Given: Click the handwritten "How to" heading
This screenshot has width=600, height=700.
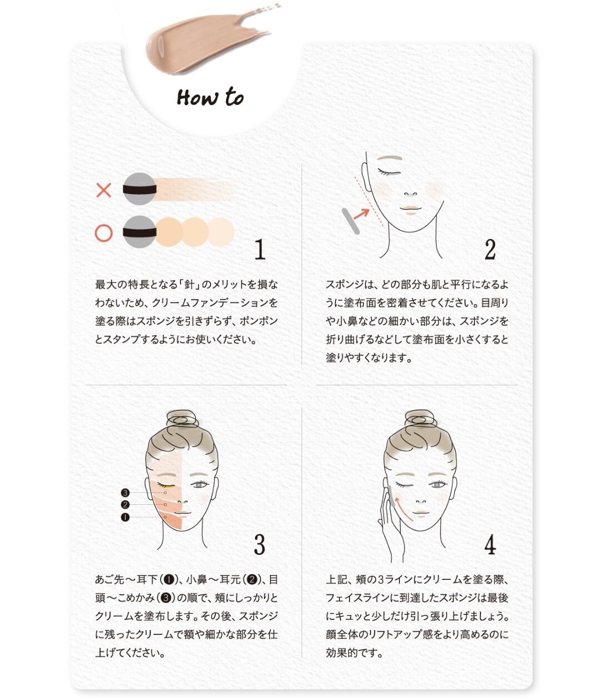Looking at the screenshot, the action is tap(210, 97).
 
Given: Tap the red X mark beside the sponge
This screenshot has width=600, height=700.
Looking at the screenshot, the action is tap(104, 190).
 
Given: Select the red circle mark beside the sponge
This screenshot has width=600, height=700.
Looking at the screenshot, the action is tap(104, 233).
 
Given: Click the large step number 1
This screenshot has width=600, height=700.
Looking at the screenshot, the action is tap(260, 249).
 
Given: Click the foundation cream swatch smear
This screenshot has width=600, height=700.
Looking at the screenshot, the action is tap(207, 41).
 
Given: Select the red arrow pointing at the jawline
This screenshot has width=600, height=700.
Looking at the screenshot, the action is tap(361, 215).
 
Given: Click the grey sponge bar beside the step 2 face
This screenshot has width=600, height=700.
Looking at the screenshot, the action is tap(351, 221).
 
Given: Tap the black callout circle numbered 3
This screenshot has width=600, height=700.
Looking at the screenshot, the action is tap(125, 493).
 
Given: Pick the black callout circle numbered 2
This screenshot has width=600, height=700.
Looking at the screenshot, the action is tap(125, 505).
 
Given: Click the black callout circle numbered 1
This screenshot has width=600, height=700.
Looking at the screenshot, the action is tap(125, 517).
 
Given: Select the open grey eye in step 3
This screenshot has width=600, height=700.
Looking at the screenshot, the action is tap(199, 485).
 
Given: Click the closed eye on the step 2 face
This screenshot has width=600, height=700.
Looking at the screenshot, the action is tap(389, 172).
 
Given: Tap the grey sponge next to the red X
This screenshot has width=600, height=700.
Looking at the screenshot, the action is tap(139, 189).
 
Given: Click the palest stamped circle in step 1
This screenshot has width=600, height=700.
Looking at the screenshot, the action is tap(221, 232).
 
